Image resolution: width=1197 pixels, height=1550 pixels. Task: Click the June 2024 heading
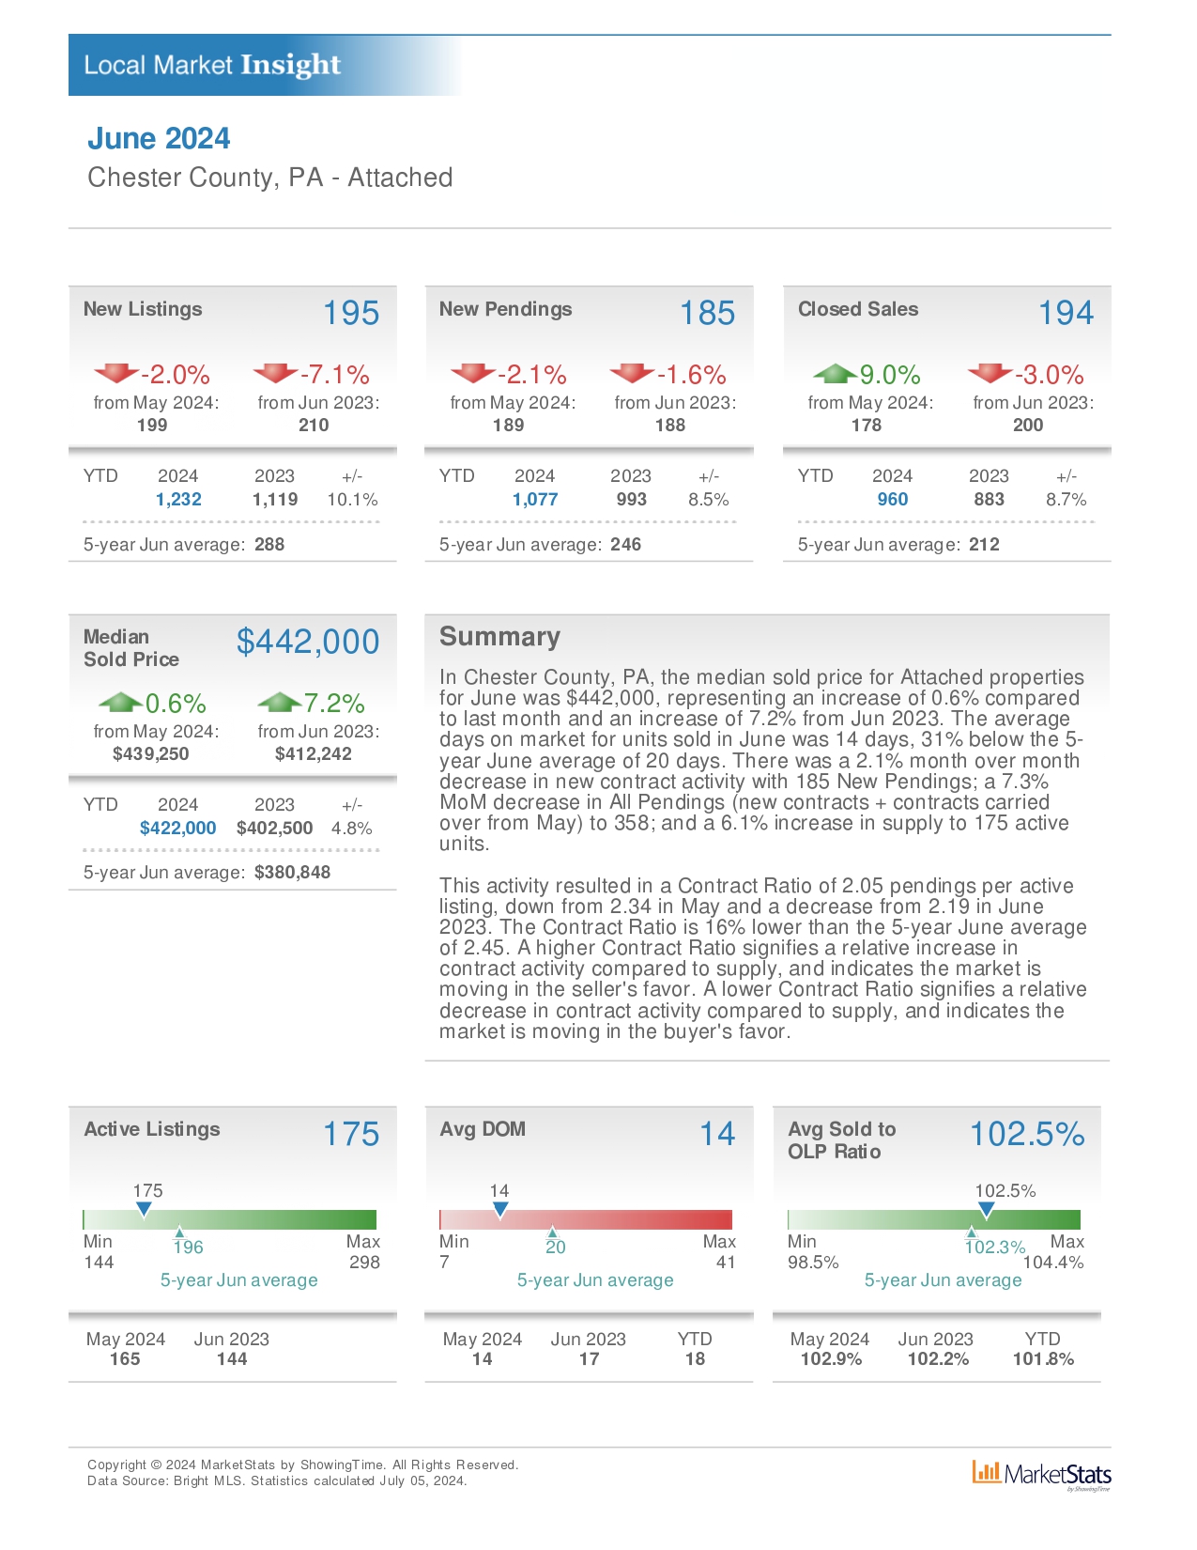pyautogui.click(x=159, y=138)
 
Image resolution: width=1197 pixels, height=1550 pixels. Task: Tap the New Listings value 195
pyautogui.click(x=351, y=313)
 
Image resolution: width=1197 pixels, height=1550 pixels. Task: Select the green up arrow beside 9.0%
pyautogui.click(x=835, y=373)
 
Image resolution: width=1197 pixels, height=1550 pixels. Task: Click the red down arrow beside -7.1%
pyautogui.click(x=275, y=373)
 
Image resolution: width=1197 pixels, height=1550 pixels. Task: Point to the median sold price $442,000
pyautogui.click(x=308, y=642)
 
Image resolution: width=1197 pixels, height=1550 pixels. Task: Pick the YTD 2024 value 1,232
pyautogui.click(x=178, y=500)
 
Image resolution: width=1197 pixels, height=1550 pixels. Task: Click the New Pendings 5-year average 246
pyautogui.click(x=625, y=544)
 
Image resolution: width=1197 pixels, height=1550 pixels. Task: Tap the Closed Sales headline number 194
pyautogui.click(x=1066, y=313)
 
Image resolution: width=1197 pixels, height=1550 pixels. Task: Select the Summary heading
pyautogui.click(x=499, y=636)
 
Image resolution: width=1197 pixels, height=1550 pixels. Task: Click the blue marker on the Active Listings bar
pyautogui.click(x=144, y=1209)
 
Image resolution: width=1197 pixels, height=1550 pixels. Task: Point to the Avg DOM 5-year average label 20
pyautogui.click(x=556, y=1247)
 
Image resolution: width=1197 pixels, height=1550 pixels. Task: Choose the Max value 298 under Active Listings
pyautogui.click(x=364, y=1262)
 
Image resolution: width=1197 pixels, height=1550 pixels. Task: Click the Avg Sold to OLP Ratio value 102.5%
pyautogui.click(x=1027, y=1134)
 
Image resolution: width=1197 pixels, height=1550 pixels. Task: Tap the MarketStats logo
pyautogui.click(x=1041, y=1475)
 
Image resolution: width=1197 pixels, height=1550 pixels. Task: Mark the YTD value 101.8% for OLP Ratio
pyautogui.click(x=1043, y=1359)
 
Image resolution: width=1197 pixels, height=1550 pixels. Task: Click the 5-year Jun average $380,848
pyautogui.click(x=292, y=873)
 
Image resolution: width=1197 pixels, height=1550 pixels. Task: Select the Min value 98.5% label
pyautogui.click(x=813, y=1262)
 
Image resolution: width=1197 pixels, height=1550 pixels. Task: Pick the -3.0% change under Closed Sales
pyautogui.click(x=1049, y=375)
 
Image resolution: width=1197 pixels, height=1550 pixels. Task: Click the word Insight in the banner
pyautogui.click(x=290, y=66)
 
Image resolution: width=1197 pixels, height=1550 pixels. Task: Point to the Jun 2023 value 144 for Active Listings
pyautogui.click(x=232, y=1359)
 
